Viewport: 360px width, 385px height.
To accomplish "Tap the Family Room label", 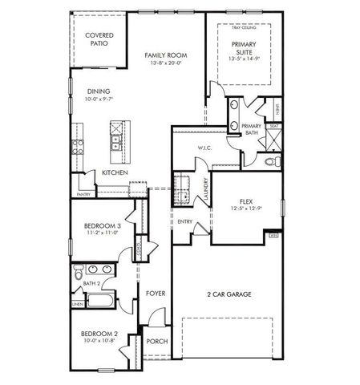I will click(x=165, y=55).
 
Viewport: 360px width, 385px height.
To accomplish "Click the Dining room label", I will click(x=98, y=91).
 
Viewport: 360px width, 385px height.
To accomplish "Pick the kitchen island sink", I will click(x=117, y=142).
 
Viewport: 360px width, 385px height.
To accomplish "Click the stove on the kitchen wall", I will click(x=79, y=146).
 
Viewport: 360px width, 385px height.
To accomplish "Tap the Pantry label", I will click(x=83, y=194).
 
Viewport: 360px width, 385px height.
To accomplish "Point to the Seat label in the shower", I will click(x=274, y=126).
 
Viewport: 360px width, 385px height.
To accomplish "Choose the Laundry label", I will click(x=206, y=191).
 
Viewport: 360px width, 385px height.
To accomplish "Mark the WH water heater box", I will click(x=274, y=235).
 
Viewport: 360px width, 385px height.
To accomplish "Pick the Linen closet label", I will click(x=77, y=305).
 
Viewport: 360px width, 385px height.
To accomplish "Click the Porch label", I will click(x=156, y=341).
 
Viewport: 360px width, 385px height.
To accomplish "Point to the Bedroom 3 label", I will click(x=103, y=226).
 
